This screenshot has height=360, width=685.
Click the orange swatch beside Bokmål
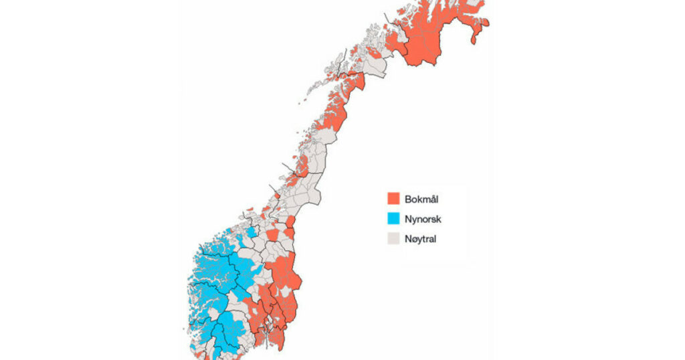pyautogui.click(x=393, y=199)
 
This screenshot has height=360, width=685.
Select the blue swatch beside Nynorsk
pyautogui.click(x=393, y=218)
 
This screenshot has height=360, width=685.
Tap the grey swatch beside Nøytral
pyautogui.click(x=393, y=238)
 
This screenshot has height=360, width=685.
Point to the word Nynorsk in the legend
pyautogui.click(x=423, y=218)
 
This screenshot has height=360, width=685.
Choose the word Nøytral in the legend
pyautogui.click(x=421, y=238)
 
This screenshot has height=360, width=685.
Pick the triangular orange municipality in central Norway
pyautogui.click(x=273, y=235)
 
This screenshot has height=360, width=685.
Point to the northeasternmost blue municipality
pyautogui.click(x=252, y=232)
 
